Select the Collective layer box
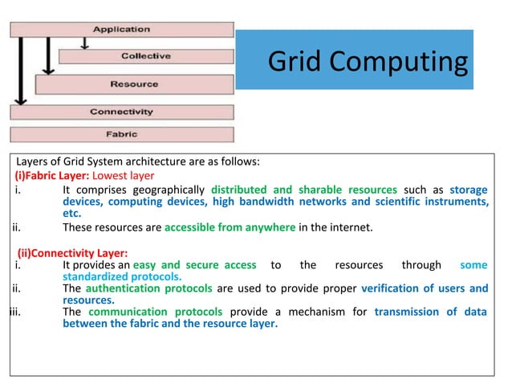click(x=146, y=56)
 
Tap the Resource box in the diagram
click(x=134, y=84)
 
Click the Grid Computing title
click(x=366, y=61)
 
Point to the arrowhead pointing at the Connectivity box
click(x=21, y=102)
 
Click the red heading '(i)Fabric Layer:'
click(x=51, y=175)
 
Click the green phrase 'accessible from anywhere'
click(x=230, y=227)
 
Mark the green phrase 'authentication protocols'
click(x=148, y=288)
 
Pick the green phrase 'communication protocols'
click(x=155, y=312)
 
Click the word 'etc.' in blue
click(x=73, y=214)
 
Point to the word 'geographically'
click(x=169, y=190)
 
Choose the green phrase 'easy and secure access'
click(x=195, y=265)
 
